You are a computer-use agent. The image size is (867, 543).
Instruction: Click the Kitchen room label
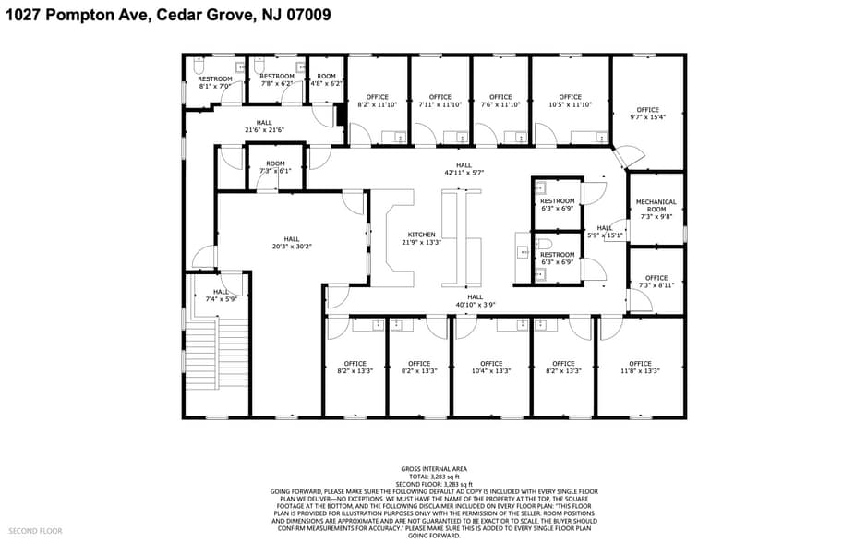(x=421, y=238)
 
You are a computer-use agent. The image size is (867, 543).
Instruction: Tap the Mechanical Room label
(x=656, y=206)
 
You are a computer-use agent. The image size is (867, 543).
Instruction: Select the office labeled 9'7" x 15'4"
(x=647, y=114)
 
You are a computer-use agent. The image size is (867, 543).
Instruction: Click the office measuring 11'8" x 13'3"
(x=640, y=367)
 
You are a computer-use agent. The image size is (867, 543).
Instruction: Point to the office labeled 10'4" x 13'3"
(x=491, y=367)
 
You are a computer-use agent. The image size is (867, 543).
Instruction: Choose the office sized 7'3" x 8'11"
(x=656, y=282)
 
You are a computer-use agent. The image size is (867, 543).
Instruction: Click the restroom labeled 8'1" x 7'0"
(x=214, y=82)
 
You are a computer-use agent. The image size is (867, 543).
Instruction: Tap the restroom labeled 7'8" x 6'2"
(x=277, y=79)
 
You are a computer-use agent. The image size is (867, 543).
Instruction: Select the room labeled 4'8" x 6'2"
(x=326, y=79)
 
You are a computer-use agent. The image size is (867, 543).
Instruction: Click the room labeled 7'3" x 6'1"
(x=276, y=167)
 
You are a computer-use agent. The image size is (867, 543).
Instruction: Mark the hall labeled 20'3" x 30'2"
(x=292, y=243)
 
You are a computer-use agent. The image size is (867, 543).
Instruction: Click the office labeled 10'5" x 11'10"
(x=570, y=101)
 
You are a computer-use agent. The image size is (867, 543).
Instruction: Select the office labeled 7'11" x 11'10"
(x=440, y=101)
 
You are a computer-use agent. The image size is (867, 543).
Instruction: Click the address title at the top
(x=168, y=16)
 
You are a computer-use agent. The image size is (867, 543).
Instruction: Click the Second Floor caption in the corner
(x=37, y=531)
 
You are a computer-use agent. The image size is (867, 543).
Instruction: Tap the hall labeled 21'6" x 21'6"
(x=264, y=126)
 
